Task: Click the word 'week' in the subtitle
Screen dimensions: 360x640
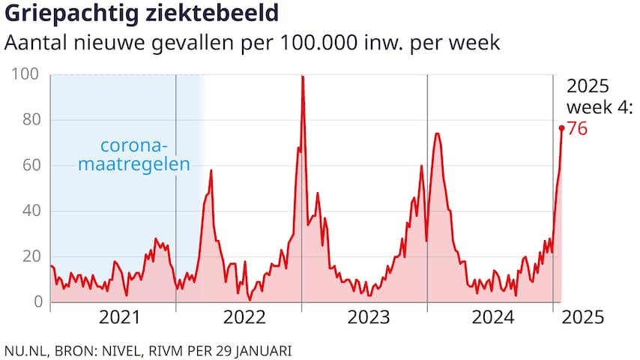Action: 476,43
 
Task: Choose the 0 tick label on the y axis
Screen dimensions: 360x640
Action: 35,302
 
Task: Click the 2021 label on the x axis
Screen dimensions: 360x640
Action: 120,318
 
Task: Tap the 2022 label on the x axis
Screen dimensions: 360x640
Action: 244,318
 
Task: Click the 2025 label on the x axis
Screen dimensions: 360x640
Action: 583,318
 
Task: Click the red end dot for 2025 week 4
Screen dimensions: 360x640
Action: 561,128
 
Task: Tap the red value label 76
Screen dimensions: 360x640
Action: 577,129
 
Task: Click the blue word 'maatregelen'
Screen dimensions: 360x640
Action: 134,164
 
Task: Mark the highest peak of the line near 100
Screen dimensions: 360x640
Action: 302,76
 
